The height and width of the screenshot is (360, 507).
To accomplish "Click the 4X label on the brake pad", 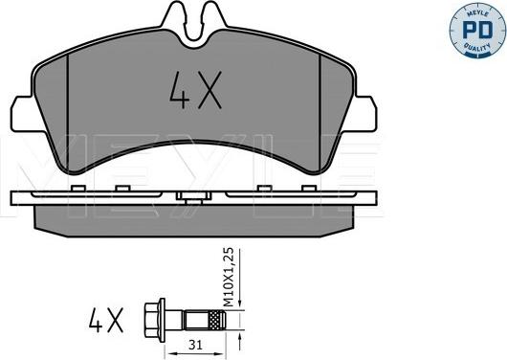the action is pyautogui.click(x=196, y=90).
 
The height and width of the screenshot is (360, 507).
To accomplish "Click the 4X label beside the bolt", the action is pyautogui.click(x=106, y=320).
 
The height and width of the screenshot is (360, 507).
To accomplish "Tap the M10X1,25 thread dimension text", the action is pyautogui.click(x=229, y=277).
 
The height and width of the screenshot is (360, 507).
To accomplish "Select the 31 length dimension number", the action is pyautogui.click(x=195, y=346).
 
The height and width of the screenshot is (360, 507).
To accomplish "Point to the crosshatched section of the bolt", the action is pyautogui.click(x=216, y=320).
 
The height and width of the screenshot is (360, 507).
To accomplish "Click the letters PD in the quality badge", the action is pyautogui.click(x=477, y=30).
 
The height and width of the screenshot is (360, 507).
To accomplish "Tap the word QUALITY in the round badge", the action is pyautogui.click(x=477, y=47).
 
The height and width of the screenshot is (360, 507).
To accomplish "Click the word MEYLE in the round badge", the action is pyautogui.click(x=477, y=13).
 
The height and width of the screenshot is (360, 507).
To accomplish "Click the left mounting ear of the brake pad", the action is pyautogui.click(x=23, y=114).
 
